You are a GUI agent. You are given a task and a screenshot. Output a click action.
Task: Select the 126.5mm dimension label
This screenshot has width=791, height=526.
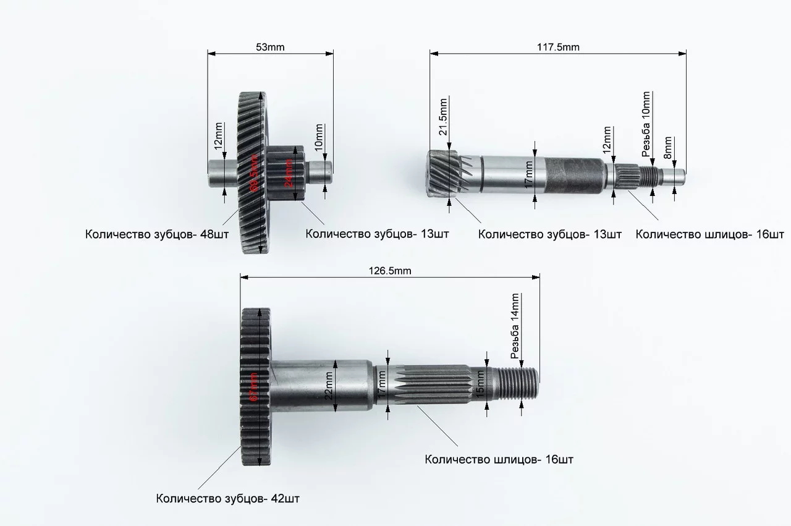point(390,270)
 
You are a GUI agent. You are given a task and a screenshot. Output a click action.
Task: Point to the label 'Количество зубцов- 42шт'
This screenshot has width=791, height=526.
point(228,498)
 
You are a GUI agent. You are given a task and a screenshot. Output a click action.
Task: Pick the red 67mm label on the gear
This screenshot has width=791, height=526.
point(253,388)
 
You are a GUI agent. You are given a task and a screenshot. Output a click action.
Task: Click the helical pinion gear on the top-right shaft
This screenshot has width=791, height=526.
point(442,175)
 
